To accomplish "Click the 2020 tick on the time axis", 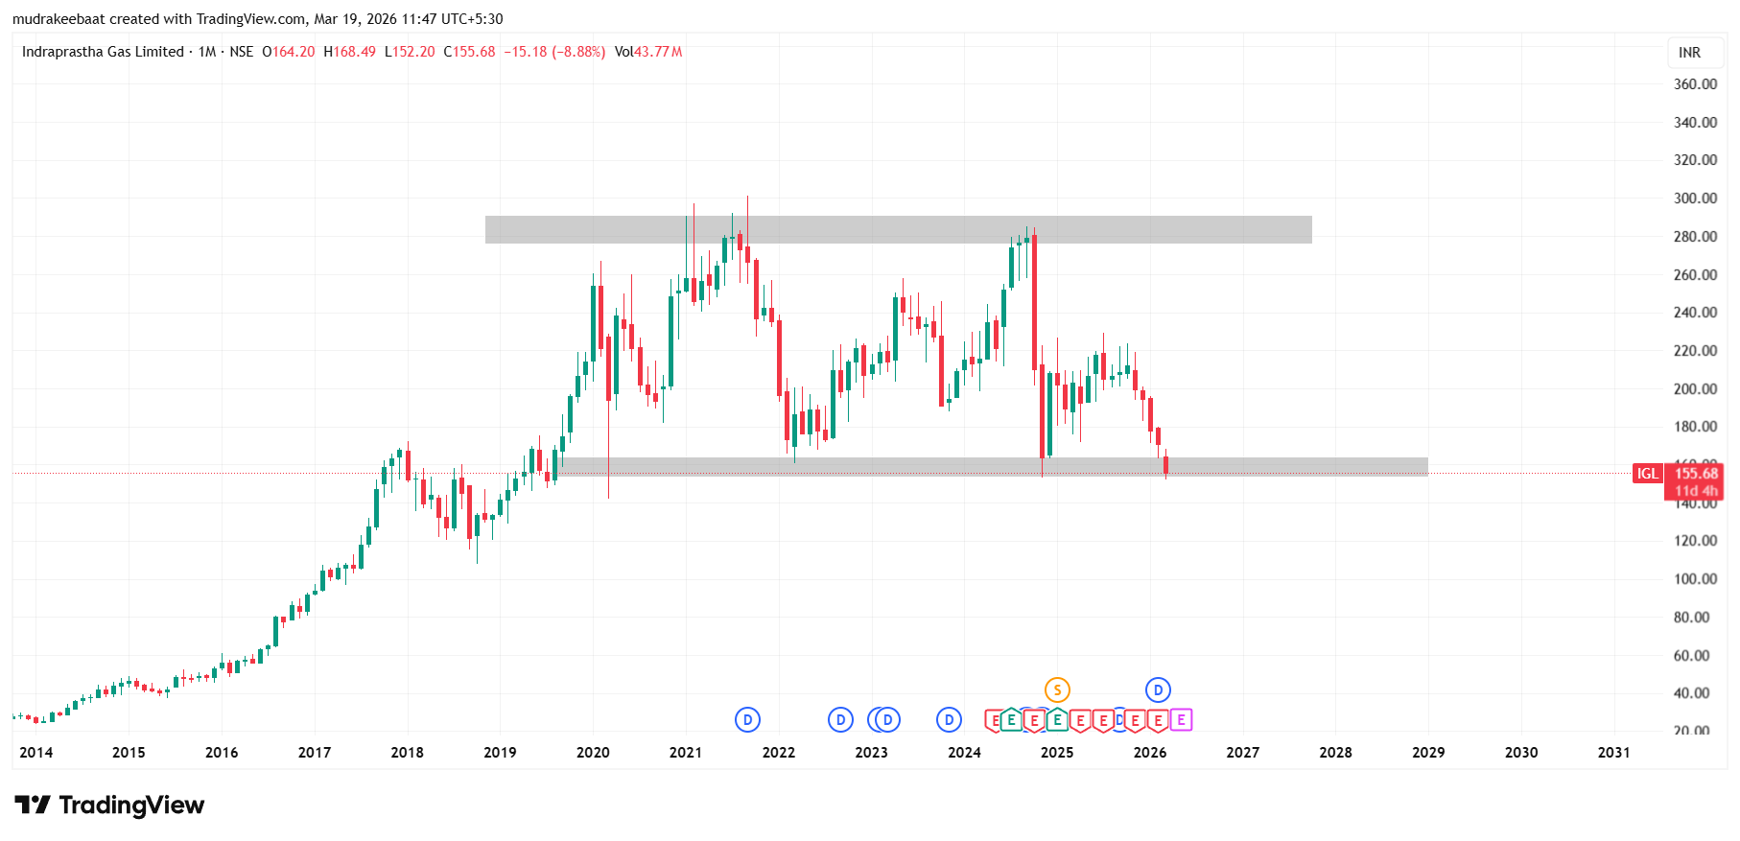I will [593, 753].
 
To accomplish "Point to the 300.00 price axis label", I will [1695, 199].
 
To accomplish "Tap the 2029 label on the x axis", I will [1428, 753].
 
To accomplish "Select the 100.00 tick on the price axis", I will [1695, 579].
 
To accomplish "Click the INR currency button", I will [1689, 53].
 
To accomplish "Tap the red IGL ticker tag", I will [1647, 474].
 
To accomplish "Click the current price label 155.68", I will [1696, 474].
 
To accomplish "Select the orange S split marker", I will [1057, 689].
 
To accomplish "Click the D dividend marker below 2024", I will [949, 720].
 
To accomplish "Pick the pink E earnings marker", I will [1181, 720].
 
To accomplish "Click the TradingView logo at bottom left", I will [109, 806].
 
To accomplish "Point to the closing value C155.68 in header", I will [469, 52].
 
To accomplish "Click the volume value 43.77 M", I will [658, 52].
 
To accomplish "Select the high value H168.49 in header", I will [349, 52].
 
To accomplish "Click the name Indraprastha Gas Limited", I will [103, 52].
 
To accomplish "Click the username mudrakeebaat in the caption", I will [59, 19].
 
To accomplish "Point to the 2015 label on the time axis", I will [129, 753].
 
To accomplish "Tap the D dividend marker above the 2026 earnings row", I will [1158, 689].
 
